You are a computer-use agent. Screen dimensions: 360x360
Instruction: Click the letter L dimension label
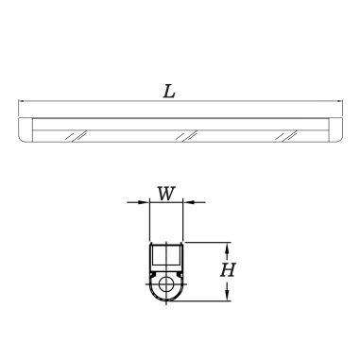169,92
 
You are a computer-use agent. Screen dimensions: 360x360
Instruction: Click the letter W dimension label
165,194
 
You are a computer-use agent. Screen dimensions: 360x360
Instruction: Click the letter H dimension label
228,270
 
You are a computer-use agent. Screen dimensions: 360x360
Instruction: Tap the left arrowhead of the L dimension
22,101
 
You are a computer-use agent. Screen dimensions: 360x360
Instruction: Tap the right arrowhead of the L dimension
339,101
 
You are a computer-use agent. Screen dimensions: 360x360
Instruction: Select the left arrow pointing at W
138,202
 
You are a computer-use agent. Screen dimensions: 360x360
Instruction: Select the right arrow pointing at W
194,202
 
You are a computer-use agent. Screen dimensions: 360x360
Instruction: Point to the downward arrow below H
227,290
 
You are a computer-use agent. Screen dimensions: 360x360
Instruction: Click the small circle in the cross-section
165,284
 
